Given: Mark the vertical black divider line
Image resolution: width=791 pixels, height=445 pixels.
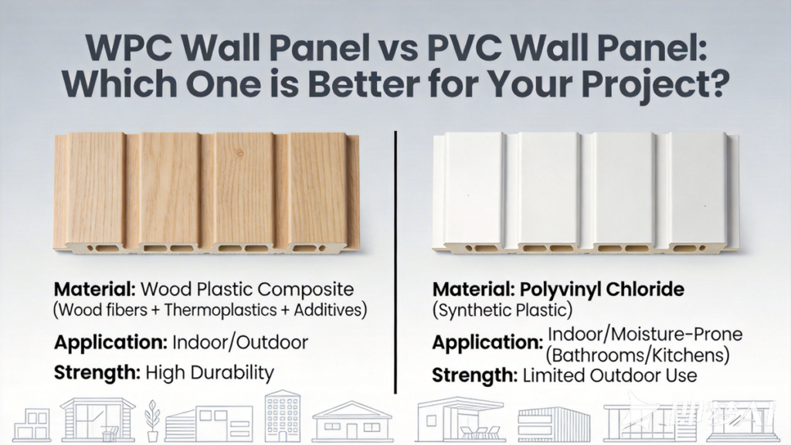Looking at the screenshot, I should coord(395,263).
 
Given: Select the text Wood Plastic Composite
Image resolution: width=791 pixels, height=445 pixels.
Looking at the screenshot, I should coord(246,290).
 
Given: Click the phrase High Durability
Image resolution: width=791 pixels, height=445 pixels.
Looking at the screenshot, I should coord(209,373).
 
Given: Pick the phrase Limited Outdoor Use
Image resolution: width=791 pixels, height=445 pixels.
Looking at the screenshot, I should coord(610,375).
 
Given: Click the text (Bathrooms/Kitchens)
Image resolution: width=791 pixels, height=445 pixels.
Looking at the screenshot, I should coord(637,355).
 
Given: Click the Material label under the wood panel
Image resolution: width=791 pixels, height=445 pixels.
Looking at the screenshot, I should coord(95,290).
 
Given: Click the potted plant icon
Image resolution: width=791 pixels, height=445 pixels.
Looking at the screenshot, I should coord(152,420).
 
